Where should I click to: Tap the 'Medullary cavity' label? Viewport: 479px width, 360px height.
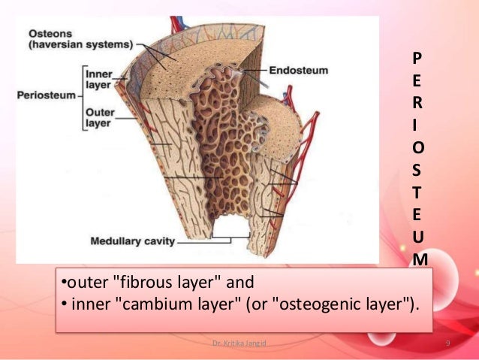click(x=132, y=241)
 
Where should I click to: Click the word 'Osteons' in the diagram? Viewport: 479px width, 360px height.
click(x=50, y=34)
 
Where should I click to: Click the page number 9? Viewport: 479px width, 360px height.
click(x=447, y=343)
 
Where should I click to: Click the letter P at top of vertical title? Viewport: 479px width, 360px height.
click(x=417, y=56)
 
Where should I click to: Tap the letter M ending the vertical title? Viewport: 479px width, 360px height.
click(x=420, y=259)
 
